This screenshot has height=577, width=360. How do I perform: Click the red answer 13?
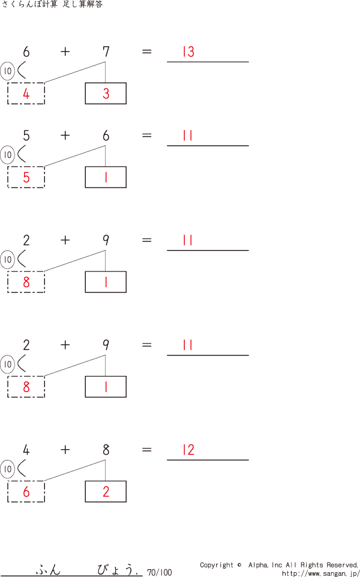click(x=188, y=52)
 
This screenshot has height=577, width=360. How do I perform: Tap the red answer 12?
click(x=188, y=450)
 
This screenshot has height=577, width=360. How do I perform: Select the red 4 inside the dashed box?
click(x=26, y=94)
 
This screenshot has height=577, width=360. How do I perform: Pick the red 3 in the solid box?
click(x=106, y=94)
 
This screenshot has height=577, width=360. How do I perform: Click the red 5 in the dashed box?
click(x=26, y=178)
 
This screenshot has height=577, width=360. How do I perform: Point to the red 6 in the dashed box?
click(x=26, y=492)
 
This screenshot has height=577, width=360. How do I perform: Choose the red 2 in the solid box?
click(x=106, y=492)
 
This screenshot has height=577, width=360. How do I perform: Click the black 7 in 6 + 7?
click(x=106, y=52)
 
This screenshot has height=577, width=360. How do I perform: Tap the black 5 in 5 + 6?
click(x=26, y=136)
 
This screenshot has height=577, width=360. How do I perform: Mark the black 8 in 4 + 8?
click(x=106, y=450)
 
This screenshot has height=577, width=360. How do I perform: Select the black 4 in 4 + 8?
click(x=26, y=450)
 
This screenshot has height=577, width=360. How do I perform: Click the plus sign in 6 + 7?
click(x=65, y=52)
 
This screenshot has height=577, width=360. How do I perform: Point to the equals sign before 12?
click(x=146, y=450)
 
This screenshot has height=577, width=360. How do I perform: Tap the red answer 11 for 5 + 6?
click(x=188, y=136)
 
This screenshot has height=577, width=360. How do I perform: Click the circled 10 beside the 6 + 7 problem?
click(x=7, y=71)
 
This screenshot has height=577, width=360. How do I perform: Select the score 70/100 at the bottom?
click(x=159, y=572)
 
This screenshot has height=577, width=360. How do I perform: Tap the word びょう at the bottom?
click(x=117, y=569)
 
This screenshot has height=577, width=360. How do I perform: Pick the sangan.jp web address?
click(x=320, y=573)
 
